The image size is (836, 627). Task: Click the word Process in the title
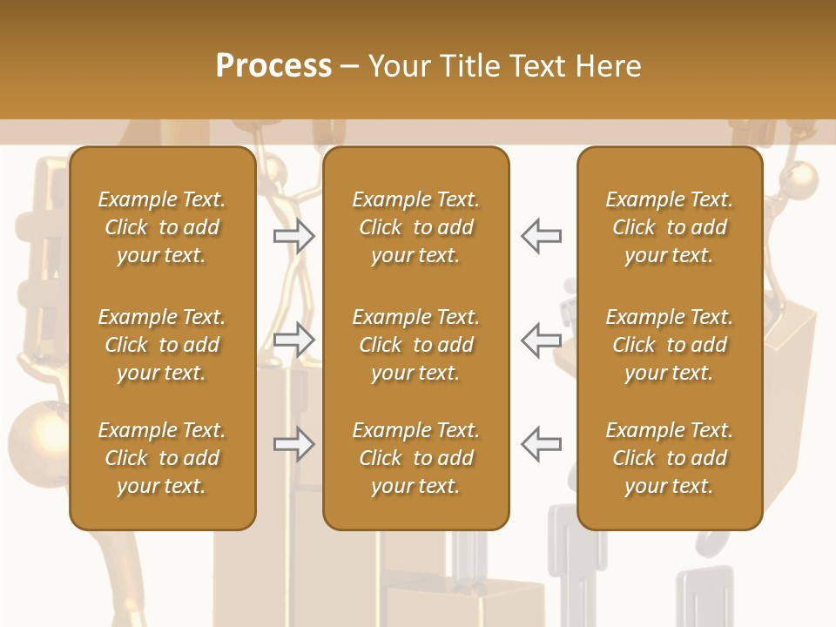[x=273, y=66]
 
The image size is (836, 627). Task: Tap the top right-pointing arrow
[x=293, y=235]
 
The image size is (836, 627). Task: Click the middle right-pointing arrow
[x=293, y=340]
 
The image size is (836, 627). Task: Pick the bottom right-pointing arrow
[x=293, y=444]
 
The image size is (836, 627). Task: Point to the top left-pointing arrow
[x=541, y=235]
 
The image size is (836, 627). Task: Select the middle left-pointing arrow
[x=541, y=340]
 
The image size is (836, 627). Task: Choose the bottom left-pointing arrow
[x=541, y=444]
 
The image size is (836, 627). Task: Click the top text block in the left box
[x=162, y=227]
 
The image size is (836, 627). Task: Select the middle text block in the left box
[x=162, y=345]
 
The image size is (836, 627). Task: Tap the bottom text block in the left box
[x=162, y=458]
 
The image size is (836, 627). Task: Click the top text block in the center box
[x=415, y=227]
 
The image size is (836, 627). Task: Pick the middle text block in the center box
[x=415, y=345]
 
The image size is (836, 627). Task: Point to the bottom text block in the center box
[x=415, y=458]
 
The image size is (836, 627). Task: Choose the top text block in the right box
[x=669, y=227]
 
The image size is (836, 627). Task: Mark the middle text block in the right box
[x=669, y=345]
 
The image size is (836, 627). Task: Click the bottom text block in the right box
[x=669, y=458]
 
